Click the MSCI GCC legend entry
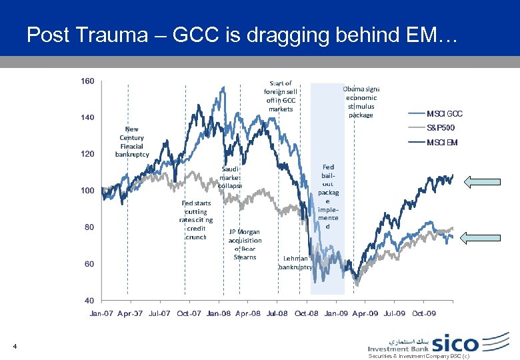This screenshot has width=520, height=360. tap(444, 113)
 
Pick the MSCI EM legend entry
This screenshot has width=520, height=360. tap(442, 142)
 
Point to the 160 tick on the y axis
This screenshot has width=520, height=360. tap(87, 81)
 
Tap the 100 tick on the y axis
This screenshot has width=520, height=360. tap(87, 191)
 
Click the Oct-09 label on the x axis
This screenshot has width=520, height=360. tap(423, 313)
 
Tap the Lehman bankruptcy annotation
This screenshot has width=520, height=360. tap(295, 262)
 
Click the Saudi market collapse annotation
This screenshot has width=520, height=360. tap(231, 177)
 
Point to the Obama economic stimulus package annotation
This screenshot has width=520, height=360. tap(361, 101)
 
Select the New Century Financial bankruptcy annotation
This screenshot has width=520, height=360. tap(132, 142)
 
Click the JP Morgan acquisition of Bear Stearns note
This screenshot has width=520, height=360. tap(245, 244)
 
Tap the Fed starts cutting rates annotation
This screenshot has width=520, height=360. tap(196, 219)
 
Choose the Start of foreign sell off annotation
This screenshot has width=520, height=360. tap(281, 96)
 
